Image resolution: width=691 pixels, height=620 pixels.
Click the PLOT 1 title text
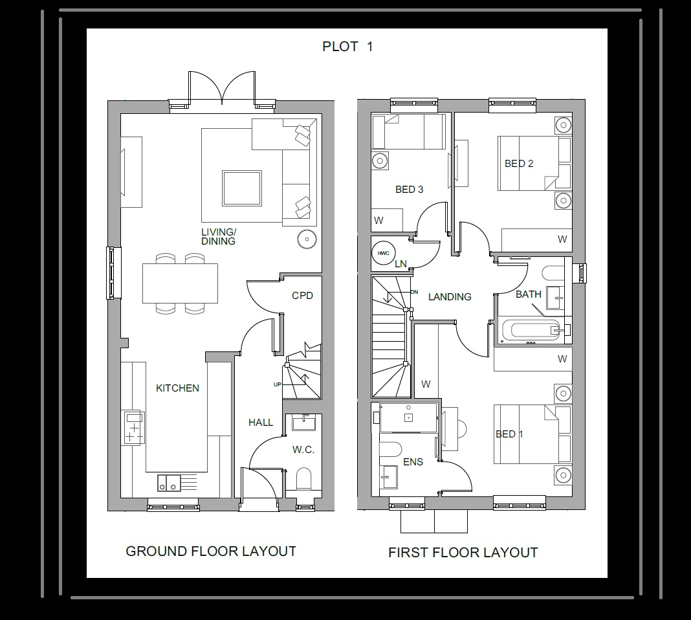(x=347, y=47)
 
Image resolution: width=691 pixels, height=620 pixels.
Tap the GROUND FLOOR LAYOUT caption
(x=210, y=551)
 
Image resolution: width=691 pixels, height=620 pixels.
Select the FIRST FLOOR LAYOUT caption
(x=463, y=553)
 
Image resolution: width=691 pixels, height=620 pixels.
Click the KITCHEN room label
(x=177, y=388)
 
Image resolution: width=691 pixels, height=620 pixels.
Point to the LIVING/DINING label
(x=218, y=237)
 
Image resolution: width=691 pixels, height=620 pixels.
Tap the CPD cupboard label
(x=302, y=296)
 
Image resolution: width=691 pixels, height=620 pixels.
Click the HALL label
(x=261, y=423)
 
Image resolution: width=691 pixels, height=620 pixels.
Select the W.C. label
(x=303, y=450)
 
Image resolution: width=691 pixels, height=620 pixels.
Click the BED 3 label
(x=409, y=190)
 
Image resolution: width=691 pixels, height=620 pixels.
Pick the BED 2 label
(x=519, y=164)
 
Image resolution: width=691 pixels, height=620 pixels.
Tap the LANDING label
(x=450, y=297)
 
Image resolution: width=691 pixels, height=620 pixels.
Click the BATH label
(x=528, y=294)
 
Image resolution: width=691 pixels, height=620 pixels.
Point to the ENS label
(x=413, y=462)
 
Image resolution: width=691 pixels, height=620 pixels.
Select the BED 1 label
(x=509, y=434)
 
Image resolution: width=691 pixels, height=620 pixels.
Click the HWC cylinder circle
(x=383, y=252)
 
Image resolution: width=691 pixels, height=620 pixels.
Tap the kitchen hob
(x=134, y=428)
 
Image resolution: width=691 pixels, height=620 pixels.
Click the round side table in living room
(x=306, y=239)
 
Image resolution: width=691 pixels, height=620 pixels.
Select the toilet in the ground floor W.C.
(x=303, y=480)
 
